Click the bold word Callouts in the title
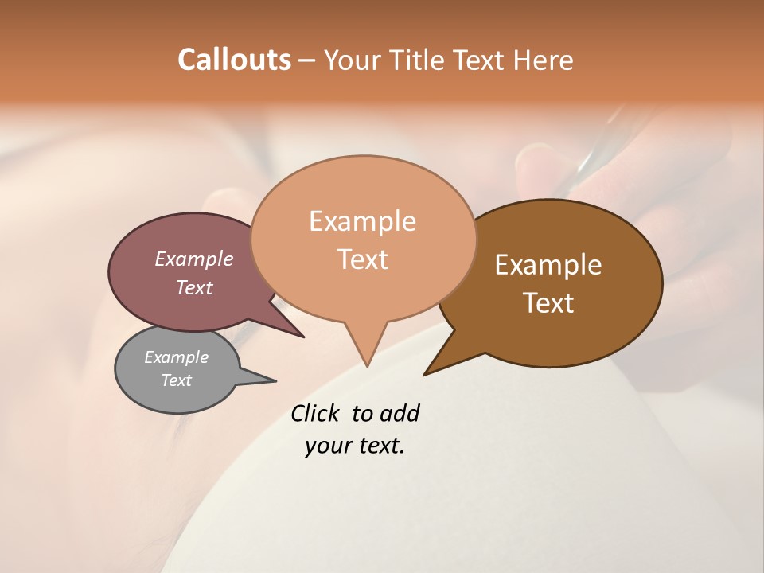tap(234, 60)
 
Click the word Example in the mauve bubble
tap(194, 259)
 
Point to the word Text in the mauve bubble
tap(194, 287)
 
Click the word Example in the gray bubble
tap(177, 357)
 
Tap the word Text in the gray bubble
tap(177, 380)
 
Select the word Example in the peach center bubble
tap(362, 221)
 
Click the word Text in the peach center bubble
tap(362, 259)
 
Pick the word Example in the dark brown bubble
tap(548, 265)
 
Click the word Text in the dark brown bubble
tap(548, 303)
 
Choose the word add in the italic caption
tap(400, 413)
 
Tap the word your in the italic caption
tap(328, 446)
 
